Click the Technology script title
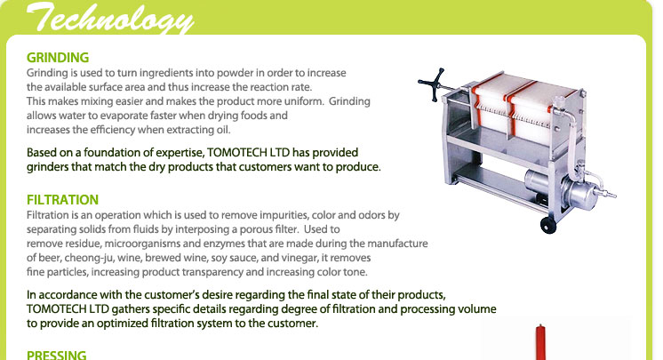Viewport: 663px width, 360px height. point(110,18)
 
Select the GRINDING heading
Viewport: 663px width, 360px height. point(58,58)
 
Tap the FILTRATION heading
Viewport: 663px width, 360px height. point(62,200)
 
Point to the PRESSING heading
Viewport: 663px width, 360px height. point(57,355)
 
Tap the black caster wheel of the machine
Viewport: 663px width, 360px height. point(548,226)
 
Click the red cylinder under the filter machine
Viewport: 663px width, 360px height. point(540,342)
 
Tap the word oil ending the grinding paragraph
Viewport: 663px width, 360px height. point(223,130)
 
